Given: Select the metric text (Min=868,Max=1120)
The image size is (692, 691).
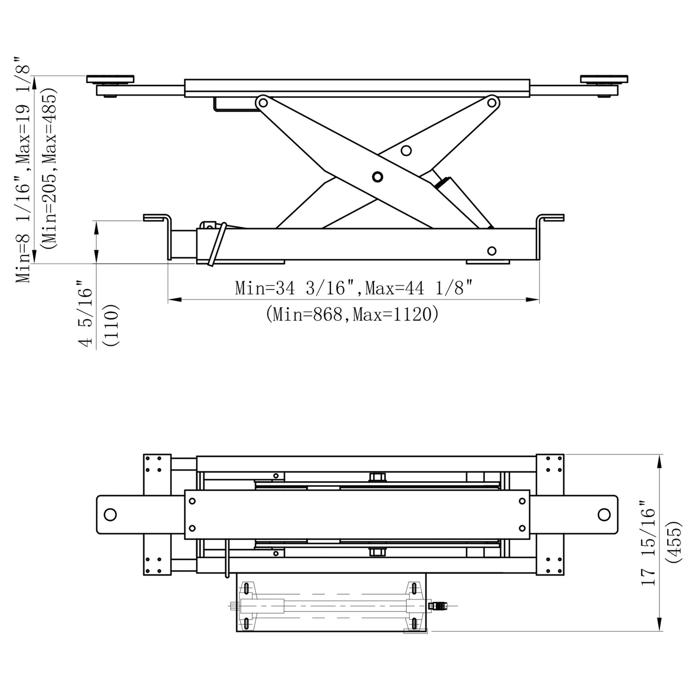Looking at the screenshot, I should tap(352, 314).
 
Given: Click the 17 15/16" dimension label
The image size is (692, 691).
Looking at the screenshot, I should tap(649, 544).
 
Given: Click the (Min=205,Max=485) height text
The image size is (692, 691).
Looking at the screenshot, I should tap(49, 168).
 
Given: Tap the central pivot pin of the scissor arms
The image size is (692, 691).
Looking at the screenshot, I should tap(377, 177).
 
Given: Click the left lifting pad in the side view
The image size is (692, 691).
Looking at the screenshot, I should tap(110, 79).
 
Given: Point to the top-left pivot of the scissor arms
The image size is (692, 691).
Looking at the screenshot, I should tap(262, 102).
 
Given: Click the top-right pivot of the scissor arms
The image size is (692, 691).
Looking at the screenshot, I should tap(492, 102).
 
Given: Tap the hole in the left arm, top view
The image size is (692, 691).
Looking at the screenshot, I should tap(110, 515).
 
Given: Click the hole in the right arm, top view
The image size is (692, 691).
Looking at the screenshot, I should tap(604, 514).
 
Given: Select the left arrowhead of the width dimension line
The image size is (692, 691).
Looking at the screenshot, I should tap(174, 300).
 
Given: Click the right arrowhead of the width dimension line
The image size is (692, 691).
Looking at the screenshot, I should tap(533, 300).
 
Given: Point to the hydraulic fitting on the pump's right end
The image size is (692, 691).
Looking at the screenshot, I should tap(437, 606).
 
